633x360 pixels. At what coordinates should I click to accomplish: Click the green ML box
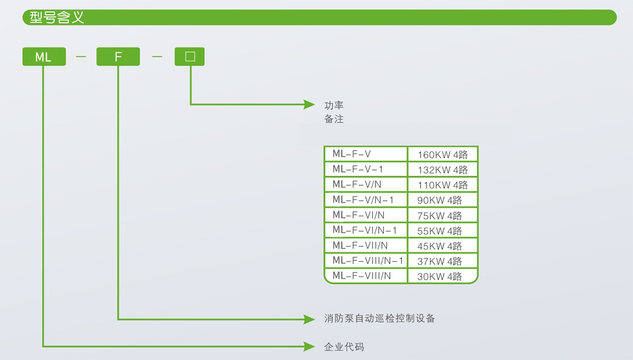click(44, 56)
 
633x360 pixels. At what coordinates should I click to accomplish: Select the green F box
click(118, 56)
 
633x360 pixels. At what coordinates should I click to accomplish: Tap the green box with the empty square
click(189, 56)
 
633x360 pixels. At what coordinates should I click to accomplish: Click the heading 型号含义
click(57, 17)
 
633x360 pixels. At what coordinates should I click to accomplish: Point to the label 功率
click(334, 106)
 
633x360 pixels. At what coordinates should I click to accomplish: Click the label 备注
click(334, 119)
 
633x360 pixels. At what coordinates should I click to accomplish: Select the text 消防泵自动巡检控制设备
click(379, 318)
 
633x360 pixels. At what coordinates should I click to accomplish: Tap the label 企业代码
click(344, 347)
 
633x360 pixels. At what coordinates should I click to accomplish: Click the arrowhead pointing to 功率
click(309, 105)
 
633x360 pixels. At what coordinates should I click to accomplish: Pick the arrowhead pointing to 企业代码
click(309, 346)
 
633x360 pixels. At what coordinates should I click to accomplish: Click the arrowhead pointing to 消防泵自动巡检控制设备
click(309, 319)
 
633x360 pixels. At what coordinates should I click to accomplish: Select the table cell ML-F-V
click(366, 154)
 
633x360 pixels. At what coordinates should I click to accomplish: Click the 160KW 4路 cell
click(443, 154)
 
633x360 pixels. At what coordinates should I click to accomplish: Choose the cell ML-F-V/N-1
click(366, 200)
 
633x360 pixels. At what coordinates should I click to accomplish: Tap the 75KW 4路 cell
click(443, 215)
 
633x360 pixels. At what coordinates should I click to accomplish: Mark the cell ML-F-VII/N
click(366, 245)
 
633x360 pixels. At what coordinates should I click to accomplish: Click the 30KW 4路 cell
click(443, 276)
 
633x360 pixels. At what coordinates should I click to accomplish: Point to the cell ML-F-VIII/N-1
click(366, 261)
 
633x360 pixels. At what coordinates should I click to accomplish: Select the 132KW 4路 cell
click(443, 169)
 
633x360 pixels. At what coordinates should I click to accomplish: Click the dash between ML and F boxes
click(81, 56)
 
